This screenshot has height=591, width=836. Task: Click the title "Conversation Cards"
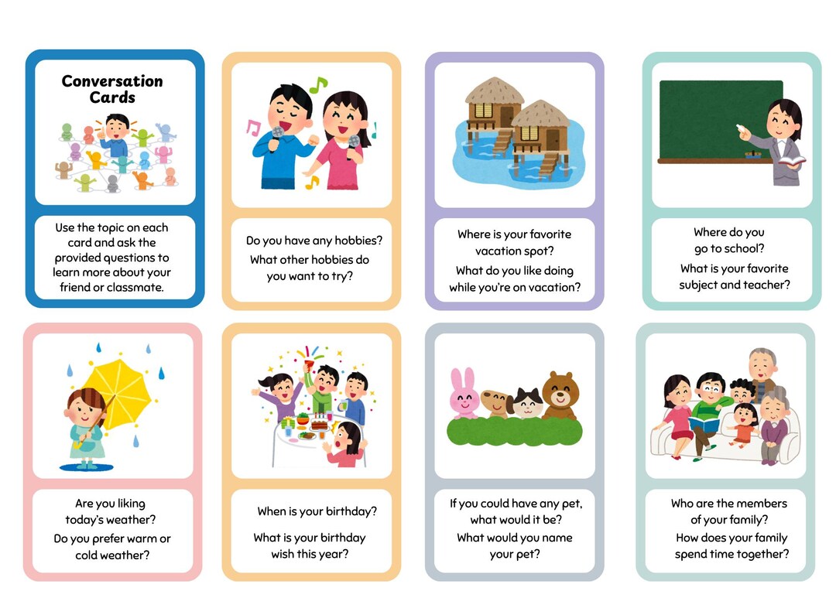tap(112, 89)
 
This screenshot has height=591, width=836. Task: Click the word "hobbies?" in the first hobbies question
tap(358, 241)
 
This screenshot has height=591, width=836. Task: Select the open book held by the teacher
tap(791, 161)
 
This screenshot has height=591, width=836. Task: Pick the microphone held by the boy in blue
tap(277, 135)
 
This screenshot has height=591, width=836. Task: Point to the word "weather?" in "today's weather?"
tap(132, 520)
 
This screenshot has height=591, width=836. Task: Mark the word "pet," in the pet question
tap(568, 503)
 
